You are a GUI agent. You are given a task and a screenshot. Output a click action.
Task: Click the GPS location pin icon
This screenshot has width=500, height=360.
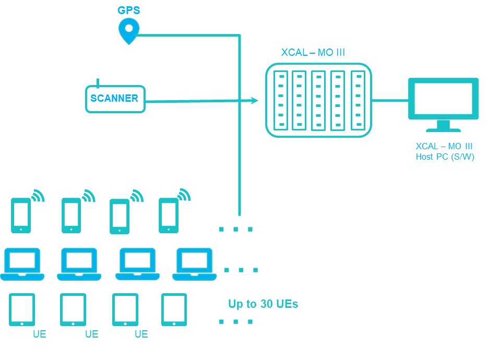(x=128, y=30)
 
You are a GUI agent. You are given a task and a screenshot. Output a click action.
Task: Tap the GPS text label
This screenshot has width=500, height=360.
(x=128, y=10)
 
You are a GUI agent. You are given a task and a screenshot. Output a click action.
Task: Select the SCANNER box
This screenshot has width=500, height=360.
(x=115, y=99)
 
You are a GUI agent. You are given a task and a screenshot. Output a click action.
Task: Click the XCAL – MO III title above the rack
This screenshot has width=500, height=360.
(x=313, y=52)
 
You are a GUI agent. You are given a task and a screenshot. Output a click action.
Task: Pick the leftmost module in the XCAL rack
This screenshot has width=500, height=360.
(x=281, y=100)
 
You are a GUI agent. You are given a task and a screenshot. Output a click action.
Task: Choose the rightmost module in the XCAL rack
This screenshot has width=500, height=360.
(x=358, y=100)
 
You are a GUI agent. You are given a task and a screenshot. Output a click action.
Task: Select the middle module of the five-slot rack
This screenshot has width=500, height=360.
(x=318, y=100)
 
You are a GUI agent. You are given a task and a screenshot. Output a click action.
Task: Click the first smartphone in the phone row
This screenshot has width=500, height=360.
(x=21, y=215)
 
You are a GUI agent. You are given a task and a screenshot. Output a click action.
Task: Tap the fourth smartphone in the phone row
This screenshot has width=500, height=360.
(x=168, y=215)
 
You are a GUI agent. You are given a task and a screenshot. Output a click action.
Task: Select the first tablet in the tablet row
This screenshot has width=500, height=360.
(x=22, y=309)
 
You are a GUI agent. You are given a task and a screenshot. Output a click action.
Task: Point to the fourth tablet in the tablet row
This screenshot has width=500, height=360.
(x=174, y=309)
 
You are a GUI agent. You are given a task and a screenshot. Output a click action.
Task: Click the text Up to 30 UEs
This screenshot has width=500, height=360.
(x=263, y=304)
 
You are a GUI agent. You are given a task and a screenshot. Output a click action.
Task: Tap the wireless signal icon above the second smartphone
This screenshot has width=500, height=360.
(x=89, y=196)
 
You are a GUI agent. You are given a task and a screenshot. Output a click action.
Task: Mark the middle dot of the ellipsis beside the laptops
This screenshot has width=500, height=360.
(x=241, y=270)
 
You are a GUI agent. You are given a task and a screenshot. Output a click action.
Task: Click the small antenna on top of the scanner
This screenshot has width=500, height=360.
(x=98, y=82)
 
